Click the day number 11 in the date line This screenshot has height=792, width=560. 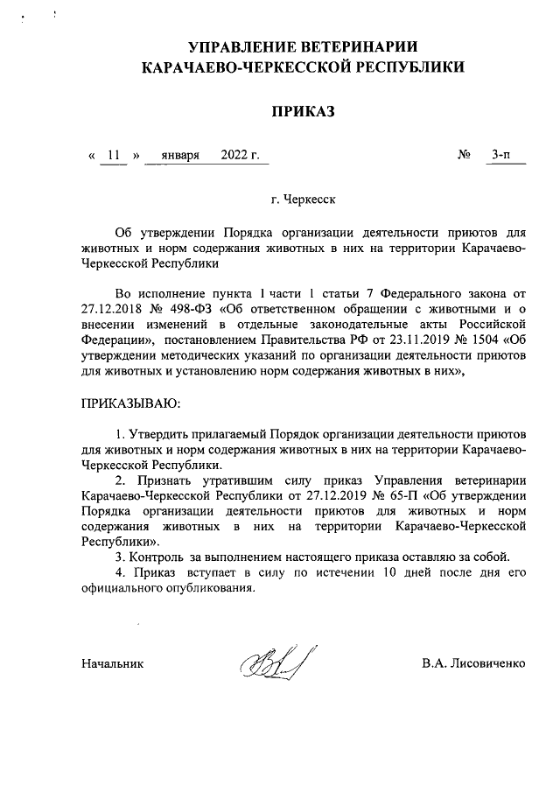pos(113,156)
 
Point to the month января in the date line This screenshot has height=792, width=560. pos(181,156)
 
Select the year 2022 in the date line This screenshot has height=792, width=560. pos(235,156)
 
